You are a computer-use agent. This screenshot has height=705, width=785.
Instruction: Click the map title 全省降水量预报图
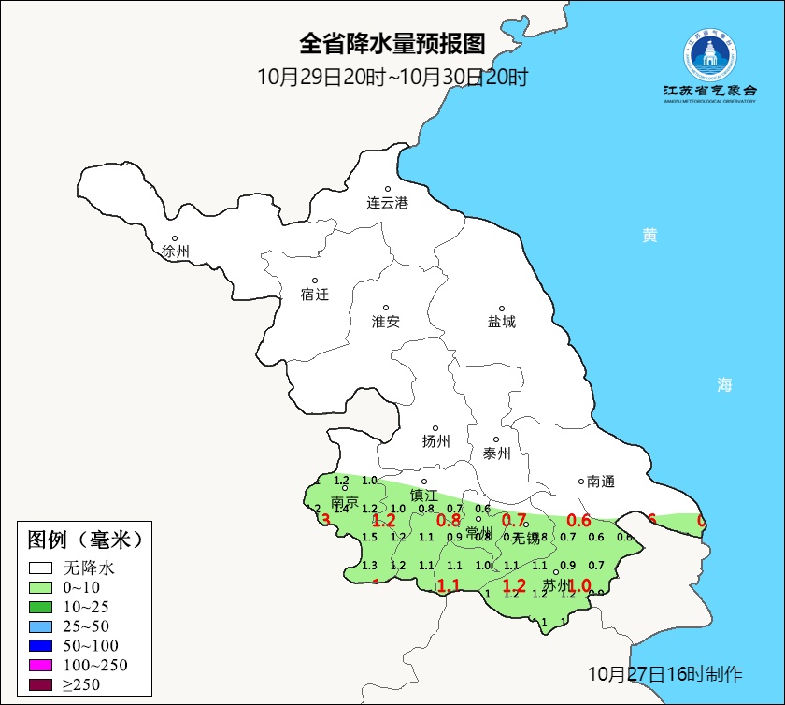(392, 43)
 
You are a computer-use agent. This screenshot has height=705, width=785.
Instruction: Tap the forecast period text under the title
(392, 77)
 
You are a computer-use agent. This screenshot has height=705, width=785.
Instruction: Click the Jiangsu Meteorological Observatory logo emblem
(709, 56)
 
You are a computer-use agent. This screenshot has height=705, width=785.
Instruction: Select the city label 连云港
(387, 202)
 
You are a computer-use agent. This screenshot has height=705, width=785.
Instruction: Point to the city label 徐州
(175, 252)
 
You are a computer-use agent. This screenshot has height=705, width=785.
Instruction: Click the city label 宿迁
(315, 294)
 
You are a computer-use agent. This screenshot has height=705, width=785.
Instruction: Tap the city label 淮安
(386, 321)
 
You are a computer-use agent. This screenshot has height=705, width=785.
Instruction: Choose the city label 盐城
(501, 321)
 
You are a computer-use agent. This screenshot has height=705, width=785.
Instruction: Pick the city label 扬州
(435, 441)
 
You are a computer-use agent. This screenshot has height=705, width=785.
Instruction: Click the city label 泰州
(496, 453)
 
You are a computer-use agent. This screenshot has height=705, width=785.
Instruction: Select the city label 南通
(600, 482)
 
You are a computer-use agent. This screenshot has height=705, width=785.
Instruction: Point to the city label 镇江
(424, 496)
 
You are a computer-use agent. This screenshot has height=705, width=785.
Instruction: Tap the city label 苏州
(558, 586)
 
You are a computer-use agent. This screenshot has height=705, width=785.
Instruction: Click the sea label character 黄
(649, 236)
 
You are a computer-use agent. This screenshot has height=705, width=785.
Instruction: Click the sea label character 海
(724, 384)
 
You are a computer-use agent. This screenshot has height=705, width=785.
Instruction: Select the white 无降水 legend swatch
(40, 568)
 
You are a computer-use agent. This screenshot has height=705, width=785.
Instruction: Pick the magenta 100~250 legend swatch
(40, 665)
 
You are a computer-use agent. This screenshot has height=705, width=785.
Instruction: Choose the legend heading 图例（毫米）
(84, 540)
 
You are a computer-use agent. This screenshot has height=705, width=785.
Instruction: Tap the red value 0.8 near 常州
(449, 521)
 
